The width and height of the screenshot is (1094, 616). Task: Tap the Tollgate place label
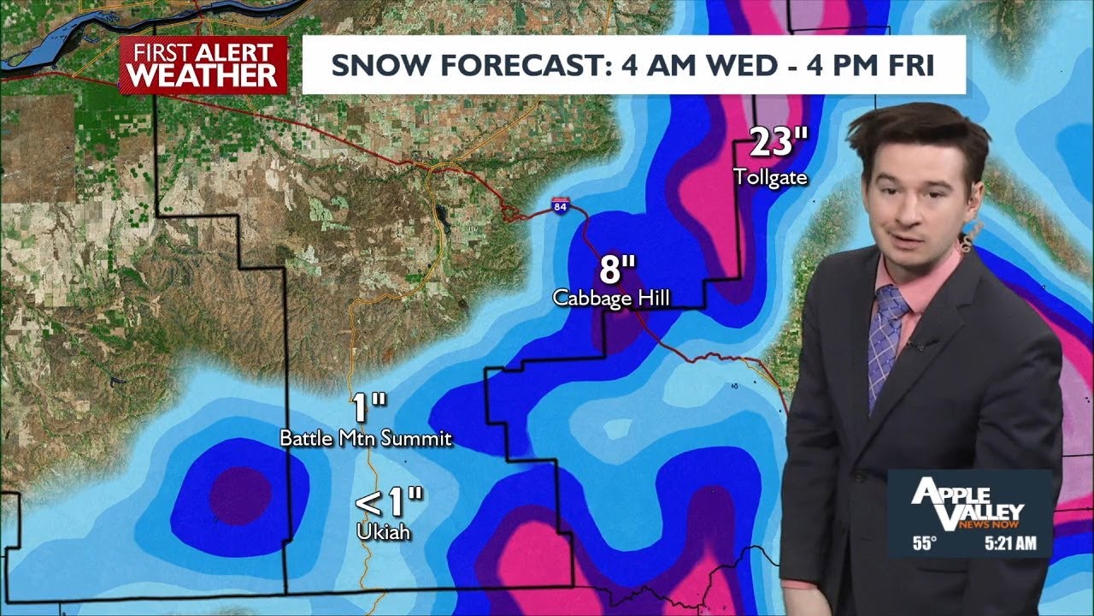(770, 177)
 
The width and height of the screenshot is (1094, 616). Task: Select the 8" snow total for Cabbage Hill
(618, 269)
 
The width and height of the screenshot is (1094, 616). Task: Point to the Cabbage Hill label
(610, 298)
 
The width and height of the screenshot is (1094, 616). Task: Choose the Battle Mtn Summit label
(366, 439)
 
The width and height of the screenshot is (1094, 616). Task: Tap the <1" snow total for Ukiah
(389, 502)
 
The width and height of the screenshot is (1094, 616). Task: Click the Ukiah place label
(384, 531)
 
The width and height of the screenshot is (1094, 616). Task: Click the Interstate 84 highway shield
(560, 207)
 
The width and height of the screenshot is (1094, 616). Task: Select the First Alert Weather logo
(203, 64)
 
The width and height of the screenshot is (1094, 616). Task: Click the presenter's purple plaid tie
(885, 342)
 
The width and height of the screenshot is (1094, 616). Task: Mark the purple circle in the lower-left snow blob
(240, 495)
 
